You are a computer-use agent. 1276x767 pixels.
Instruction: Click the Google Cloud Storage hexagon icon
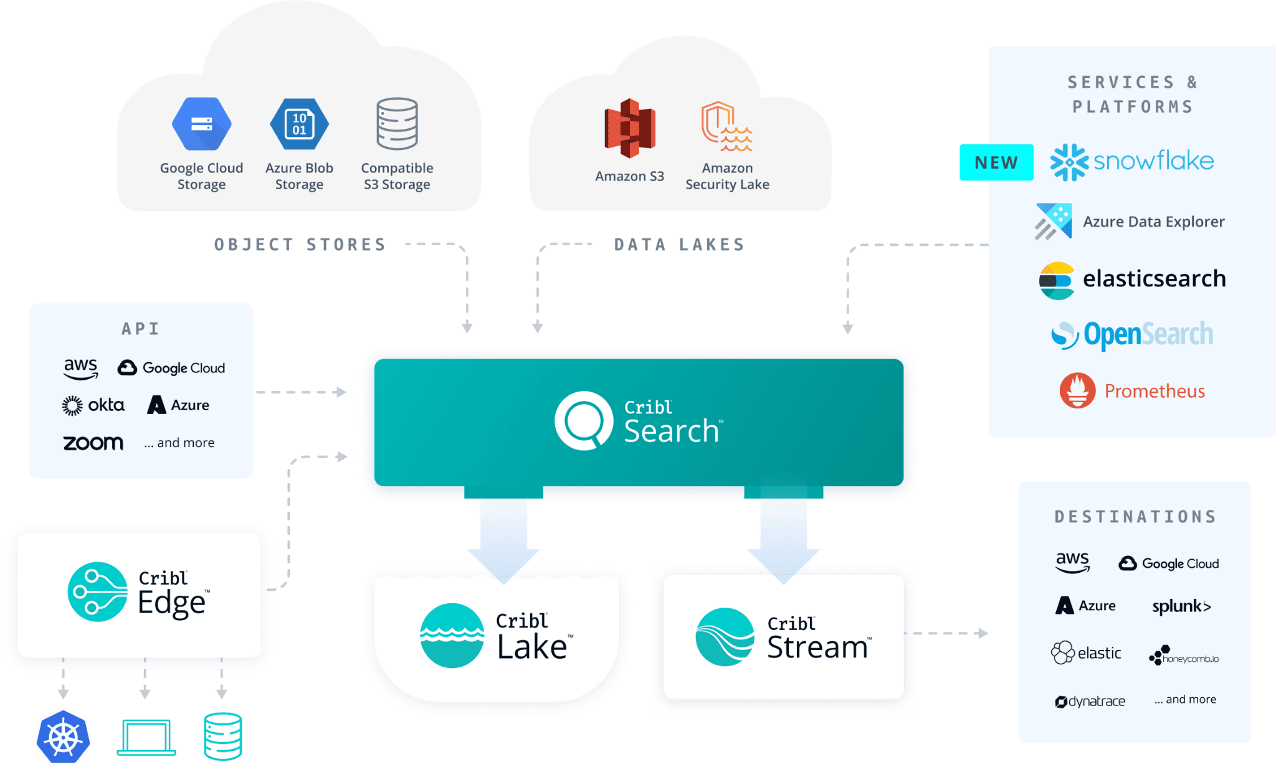201,124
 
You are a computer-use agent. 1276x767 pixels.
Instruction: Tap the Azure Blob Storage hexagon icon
299,124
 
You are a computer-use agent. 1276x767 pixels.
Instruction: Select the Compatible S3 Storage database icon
397,123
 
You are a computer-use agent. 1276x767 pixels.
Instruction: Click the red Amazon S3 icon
629,128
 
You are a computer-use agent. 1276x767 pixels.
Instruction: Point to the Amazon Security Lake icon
726,127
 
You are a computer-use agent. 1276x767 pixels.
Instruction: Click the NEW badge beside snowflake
996,162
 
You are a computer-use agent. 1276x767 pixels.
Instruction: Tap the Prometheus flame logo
1077,390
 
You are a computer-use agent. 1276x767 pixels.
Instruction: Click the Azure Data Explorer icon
1054,221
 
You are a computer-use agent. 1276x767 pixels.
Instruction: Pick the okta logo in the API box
93,405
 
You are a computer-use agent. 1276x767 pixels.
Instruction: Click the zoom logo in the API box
93,443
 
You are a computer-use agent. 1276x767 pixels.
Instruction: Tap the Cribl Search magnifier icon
583,421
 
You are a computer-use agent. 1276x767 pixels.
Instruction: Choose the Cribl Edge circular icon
97,591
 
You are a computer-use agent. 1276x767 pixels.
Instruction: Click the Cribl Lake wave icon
452,635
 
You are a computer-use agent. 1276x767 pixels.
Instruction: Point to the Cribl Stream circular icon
725,637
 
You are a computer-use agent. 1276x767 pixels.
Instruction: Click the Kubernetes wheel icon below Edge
64,737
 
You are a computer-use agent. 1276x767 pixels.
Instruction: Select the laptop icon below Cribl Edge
146,737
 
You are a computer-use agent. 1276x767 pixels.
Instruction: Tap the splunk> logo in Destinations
1181,606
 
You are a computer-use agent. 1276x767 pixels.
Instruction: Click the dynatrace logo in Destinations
1090,702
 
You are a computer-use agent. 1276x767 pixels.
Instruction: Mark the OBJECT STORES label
300,244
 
